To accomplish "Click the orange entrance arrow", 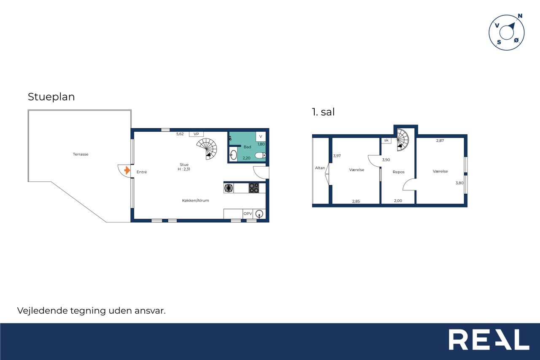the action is tap(127, 171).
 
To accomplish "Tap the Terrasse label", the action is tap(81, 154).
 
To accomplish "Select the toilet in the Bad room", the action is tap(260, 155).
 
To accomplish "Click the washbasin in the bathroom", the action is tap(233, 155).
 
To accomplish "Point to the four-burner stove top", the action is tap(254, 188).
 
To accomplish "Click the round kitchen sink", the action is tap(259, 214).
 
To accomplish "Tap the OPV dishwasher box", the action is tap(248, 214).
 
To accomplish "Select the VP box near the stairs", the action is tap(196, 134).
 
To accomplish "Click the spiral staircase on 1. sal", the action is tap(402, 140).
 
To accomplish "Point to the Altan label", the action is tap(320, 168).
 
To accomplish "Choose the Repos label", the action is tap(399, 172).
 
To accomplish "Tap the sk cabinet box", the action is tap(386, 141).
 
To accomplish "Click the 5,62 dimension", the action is tap(180, 134).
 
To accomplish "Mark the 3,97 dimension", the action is tap(337, 156).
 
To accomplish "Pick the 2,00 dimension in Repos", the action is tap(398, 200).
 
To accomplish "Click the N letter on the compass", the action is tap(520, 16).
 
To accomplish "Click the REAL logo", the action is tap(489, 339).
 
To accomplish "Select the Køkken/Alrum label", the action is tap(195, 200).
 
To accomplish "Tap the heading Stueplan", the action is tap(51, 97).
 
